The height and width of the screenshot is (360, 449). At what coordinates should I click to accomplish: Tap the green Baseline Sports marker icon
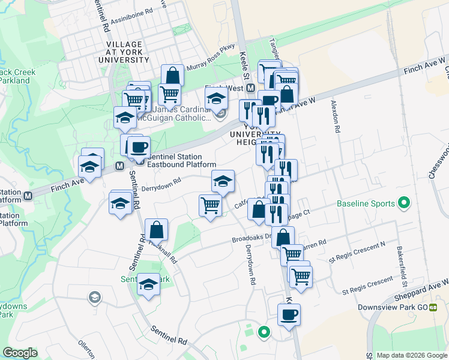pyautogui.click(x=404, y=203)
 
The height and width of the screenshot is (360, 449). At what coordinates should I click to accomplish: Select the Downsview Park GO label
pyautogui.click(x=391, y=307)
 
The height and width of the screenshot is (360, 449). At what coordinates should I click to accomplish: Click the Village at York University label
pyautogui.click(x=125, y=49)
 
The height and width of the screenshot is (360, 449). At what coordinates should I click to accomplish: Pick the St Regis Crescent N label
pyautogui.click(x=357, y=260)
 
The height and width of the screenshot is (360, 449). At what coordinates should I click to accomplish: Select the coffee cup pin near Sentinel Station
pyautogui.click(x=139, y=146)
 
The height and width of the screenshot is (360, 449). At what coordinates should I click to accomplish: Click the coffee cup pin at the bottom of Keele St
pyautogui.click(x=289, y=314)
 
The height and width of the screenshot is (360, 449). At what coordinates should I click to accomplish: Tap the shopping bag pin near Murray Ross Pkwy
pyautogui.click(x=172, y=76)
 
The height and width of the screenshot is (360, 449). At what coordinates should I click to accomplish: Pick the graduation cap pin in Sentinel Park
pyautogui.click(x=148, y=284)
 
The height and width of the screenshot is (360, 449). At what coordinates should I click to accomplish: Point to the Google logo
pyautogui.click(x=19, y=353)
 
